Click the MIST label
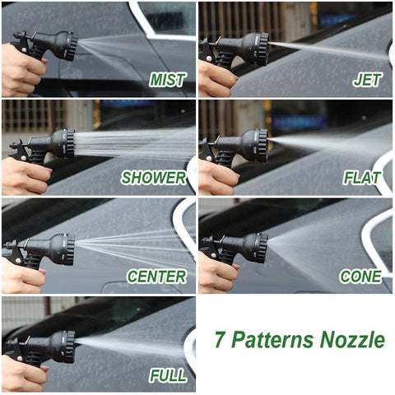pos(167,80)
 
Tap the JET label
pos(367,80)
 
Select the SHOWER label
pos(154,178)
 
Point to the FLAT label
pos(362,178)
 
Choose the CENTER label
pos(156,276)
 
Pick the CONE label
pos(360,276)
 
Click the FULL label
pos(168,375)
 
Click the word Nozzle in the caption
pos(352,340)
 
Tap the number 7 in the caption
pos(220,340)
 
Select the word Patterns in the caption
pos(272,340)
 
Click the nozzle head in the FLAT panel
pos(257,146)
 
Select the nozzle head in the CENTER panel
pos(64,249)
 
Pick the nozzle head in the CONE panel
pos(258,248)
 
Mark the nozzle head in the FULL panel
pos(64,346)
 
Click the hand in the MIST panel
pos(22,72)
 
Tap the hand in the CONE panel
pos(218,272)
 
